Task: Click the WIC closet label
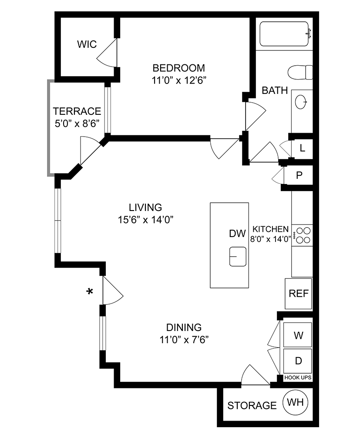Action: [x=87, y=44]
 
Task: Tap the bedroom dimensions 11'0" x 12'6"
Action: [x=179, y=80]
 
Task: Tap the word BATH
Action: [x=275, y=90]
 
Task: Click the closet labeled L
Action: [x=303, y=148]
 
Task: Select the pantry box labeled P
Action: [x=299, y=175]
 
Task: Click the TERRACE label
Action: [x=77, y=111]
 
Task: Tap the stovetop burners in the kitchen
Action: [x=303, y=235]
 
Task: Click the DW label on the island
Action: [x=238, y=234]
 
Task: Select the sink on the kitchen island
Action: [x=238, y=256]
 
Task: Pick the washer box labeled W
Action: [x=298, y=335]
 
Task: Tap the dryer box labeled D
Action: [x=298, y=361]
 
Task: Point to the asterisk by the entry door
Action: [x=90, y=292]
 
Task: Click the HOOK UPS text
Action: [x=298, y=378]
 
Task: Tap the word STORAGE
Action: [x=252, y=405]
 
